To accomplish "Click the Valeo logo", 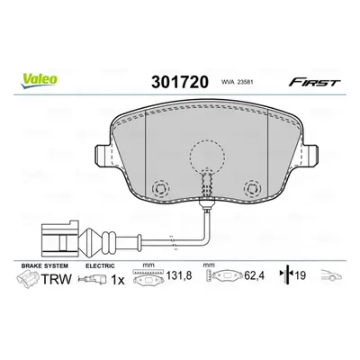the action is (39, 79).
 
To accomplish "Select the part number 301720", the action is (180, 82).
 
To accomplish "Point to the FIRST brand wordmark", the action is (314, 82).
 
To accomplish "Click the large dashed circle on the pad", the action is (207, 157).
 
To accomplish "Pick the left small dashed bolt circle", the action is (160, 189).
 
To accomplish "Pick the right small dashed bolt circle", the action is (253, 189).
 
